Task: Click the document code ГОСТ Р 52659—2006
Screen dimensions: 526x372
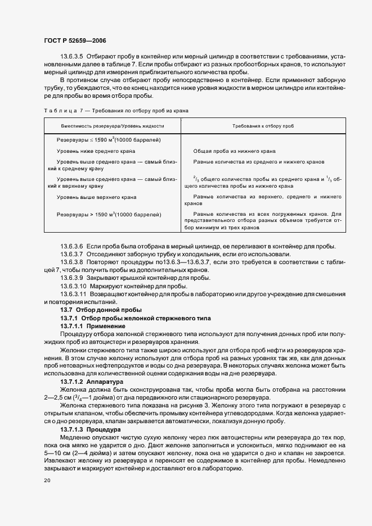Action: [x=75, y=41]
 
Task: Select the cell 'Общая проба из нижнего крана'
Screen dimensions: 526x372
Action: [x=234, y=151]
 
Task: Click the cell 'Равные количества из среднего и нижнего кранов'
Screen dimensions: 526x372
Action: [x=259, y=162]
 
